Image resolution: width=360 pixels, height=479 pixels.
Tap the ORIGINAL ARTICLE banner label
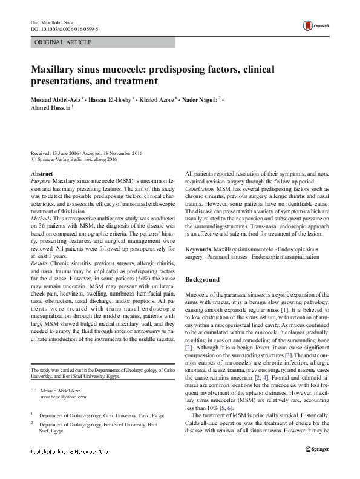click(63, 42)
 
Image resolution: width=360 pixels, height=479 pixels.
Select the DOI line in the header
click(65, 28)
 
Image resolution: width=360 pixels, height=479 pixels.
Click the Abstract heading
click(42, 173)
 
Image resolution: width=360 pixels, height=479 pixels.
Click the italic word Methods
click(41, 217)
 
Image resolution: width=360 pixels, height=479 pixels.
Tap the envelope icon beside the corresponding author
click(34, 373)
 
